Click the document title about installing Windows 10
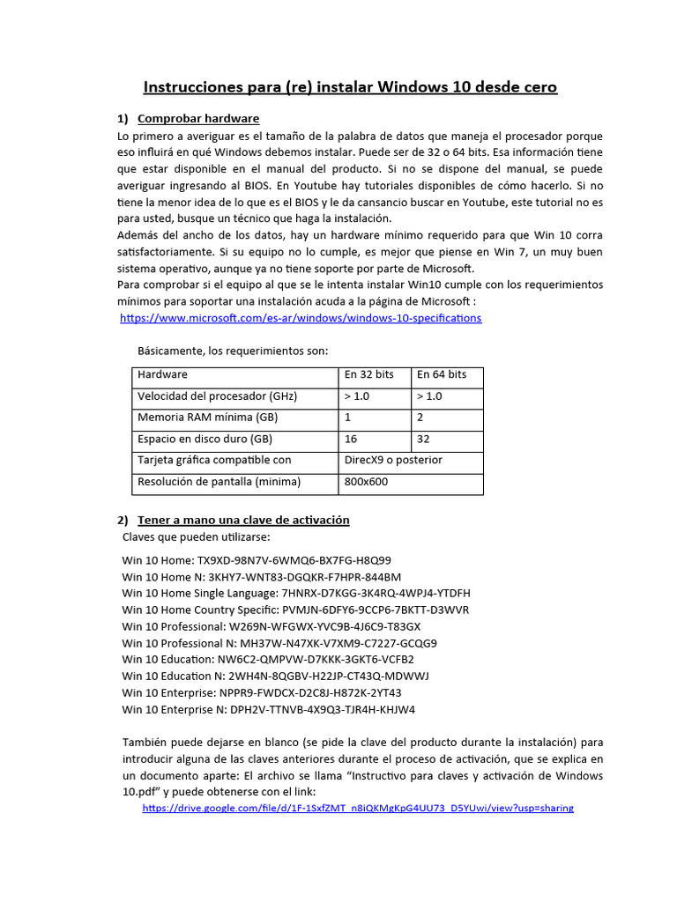(x=350, y=87)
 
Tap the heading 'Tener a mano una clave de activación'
(x=243, y=520)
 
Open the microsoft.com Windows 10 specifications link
(x=301, y=317)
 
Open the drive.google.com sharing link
(x=357, y=807)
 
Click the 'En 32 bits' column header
(x=368, y=374)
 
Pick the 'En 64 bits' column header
(x=442, y=374)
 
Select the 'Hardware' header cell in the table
(x=162, y=374)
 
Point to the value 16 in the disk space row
(x=351, y=439)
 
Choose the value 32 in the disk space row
(x=424, y=439)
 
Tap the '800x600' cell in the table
(x=365, y=482)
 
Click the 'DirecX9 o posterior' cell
(x=393, y=460)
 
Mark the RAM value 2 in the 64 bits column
(x=420, y=417)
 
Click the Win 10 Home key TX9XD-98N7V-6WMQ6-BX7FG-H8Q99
(x=294, y=559)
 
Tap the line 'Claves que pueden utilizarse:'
(x=196, y=536)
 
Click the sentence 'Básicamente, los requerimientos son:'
(x=233, y=351)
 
